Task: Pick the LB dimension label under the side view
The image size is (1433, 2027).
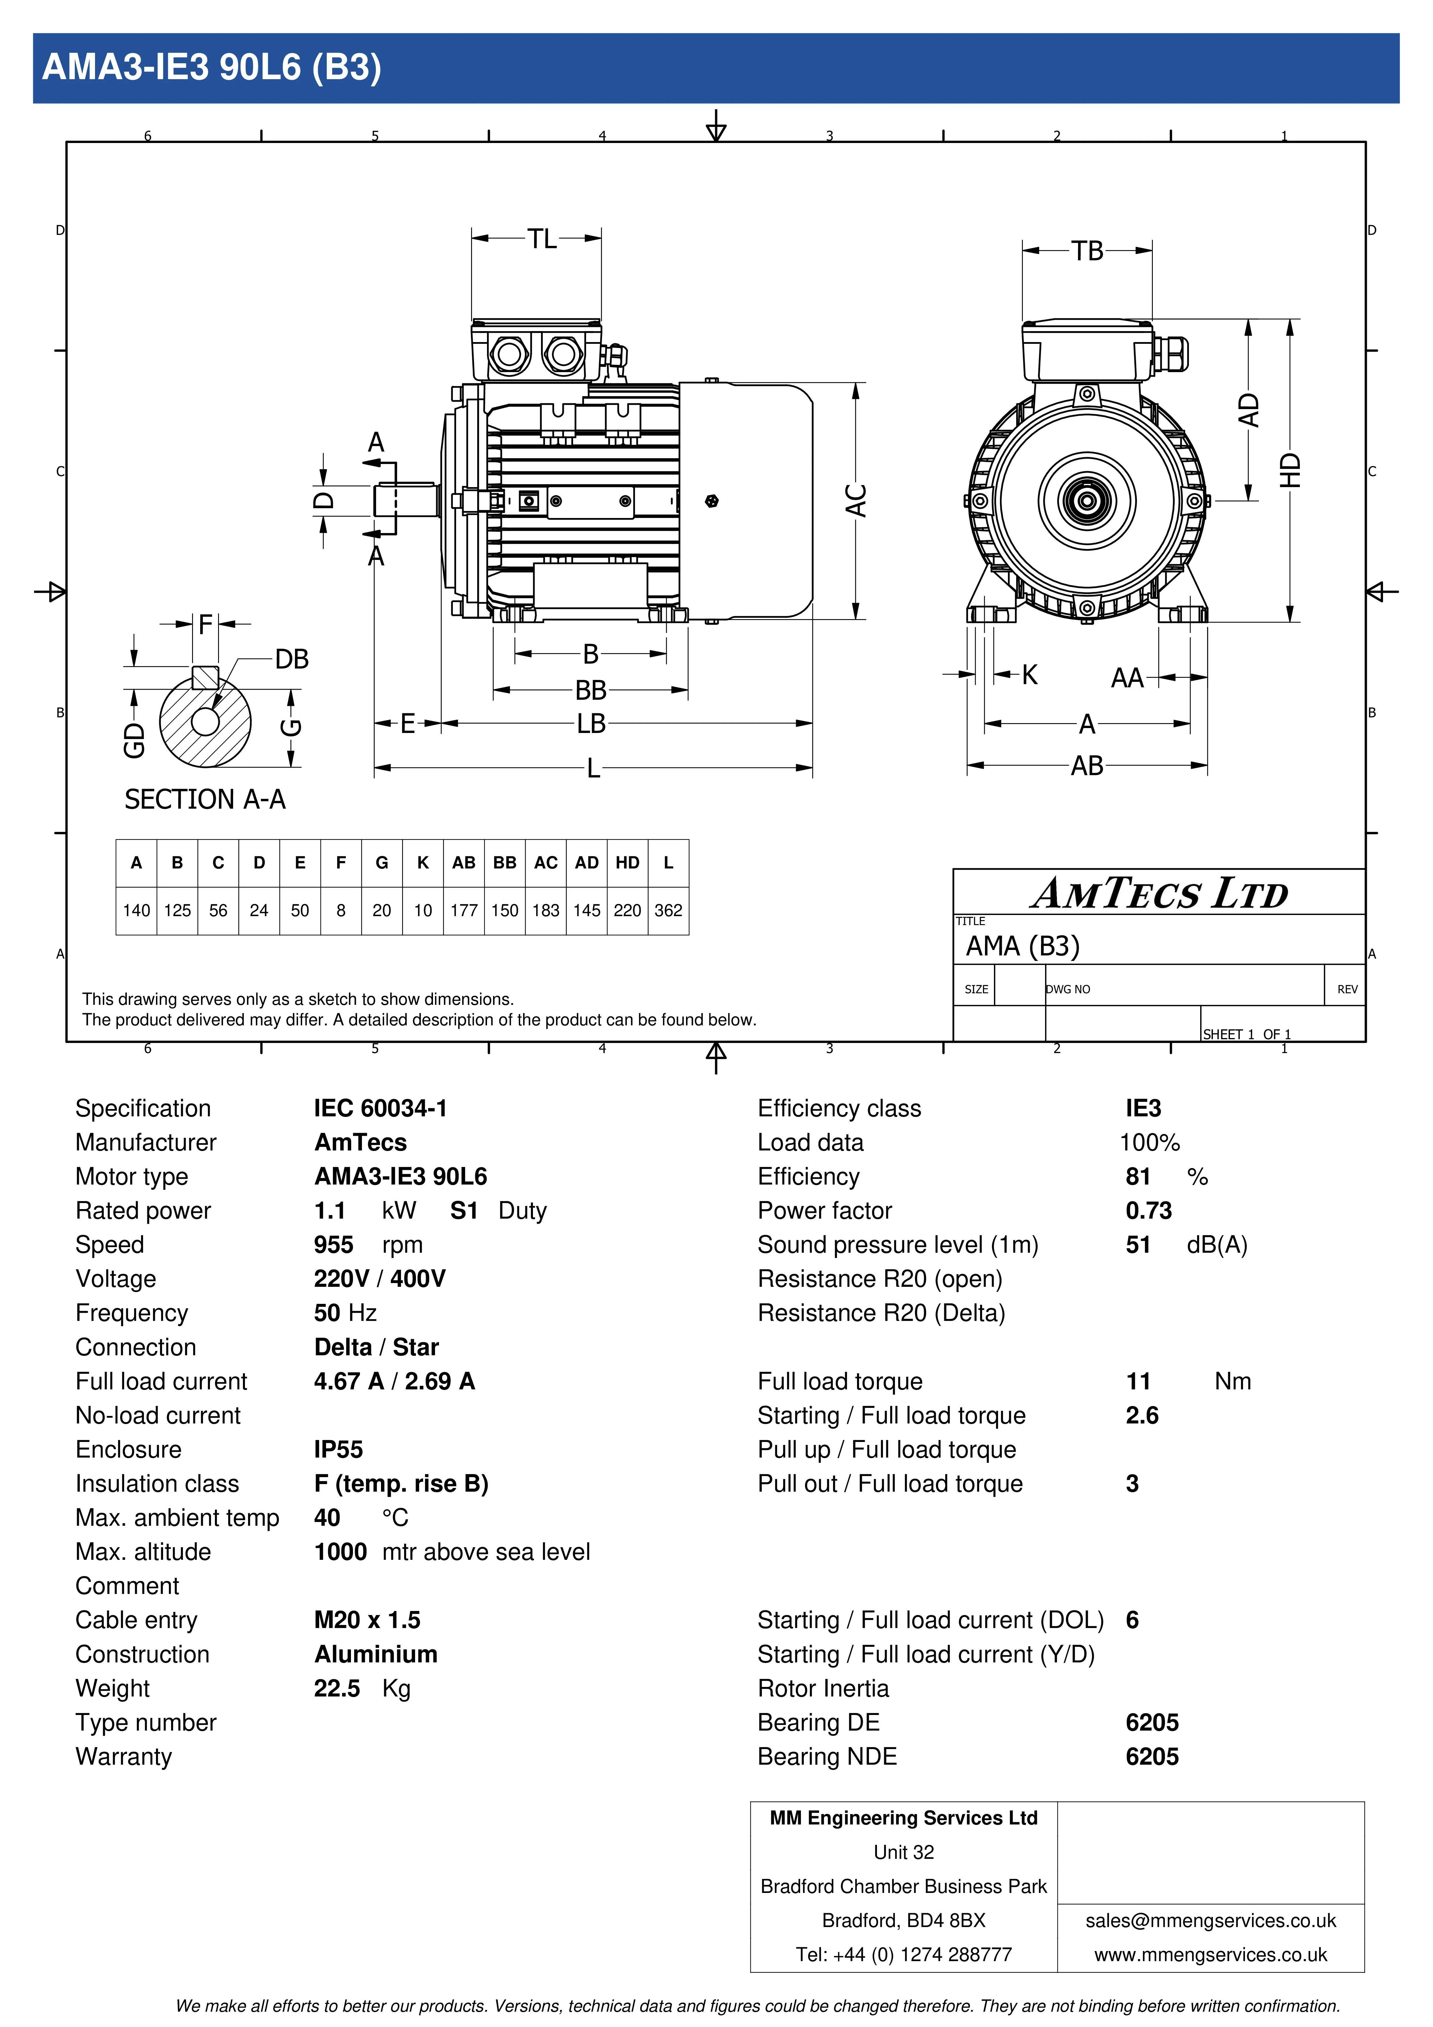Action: coord(591,724)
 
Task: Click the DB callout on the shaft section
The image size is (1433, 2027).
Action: coord(291,660)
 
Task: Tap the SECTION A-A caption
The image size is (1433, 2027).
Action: coord(205,800)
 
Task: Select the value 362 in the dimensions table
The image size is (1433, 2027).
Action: coord(668,910)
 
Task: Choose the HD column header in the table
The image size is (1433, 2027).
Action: coord(627,862)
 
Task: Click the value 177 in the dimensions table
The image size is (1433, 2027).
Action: coord(464,910)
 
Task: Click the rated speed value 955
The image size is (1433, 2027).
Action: coord(334,1245)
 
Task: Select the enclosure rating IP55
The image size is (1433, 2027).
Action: coord(338,1450)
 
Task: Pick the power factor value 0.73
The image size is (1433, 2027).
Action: coord(1148,1210)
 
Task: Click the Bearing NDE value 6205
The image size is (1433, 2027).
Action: coord(1151,1757)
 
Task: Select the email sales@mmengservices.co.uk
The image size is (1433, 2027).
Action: coord(1211,1921)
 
